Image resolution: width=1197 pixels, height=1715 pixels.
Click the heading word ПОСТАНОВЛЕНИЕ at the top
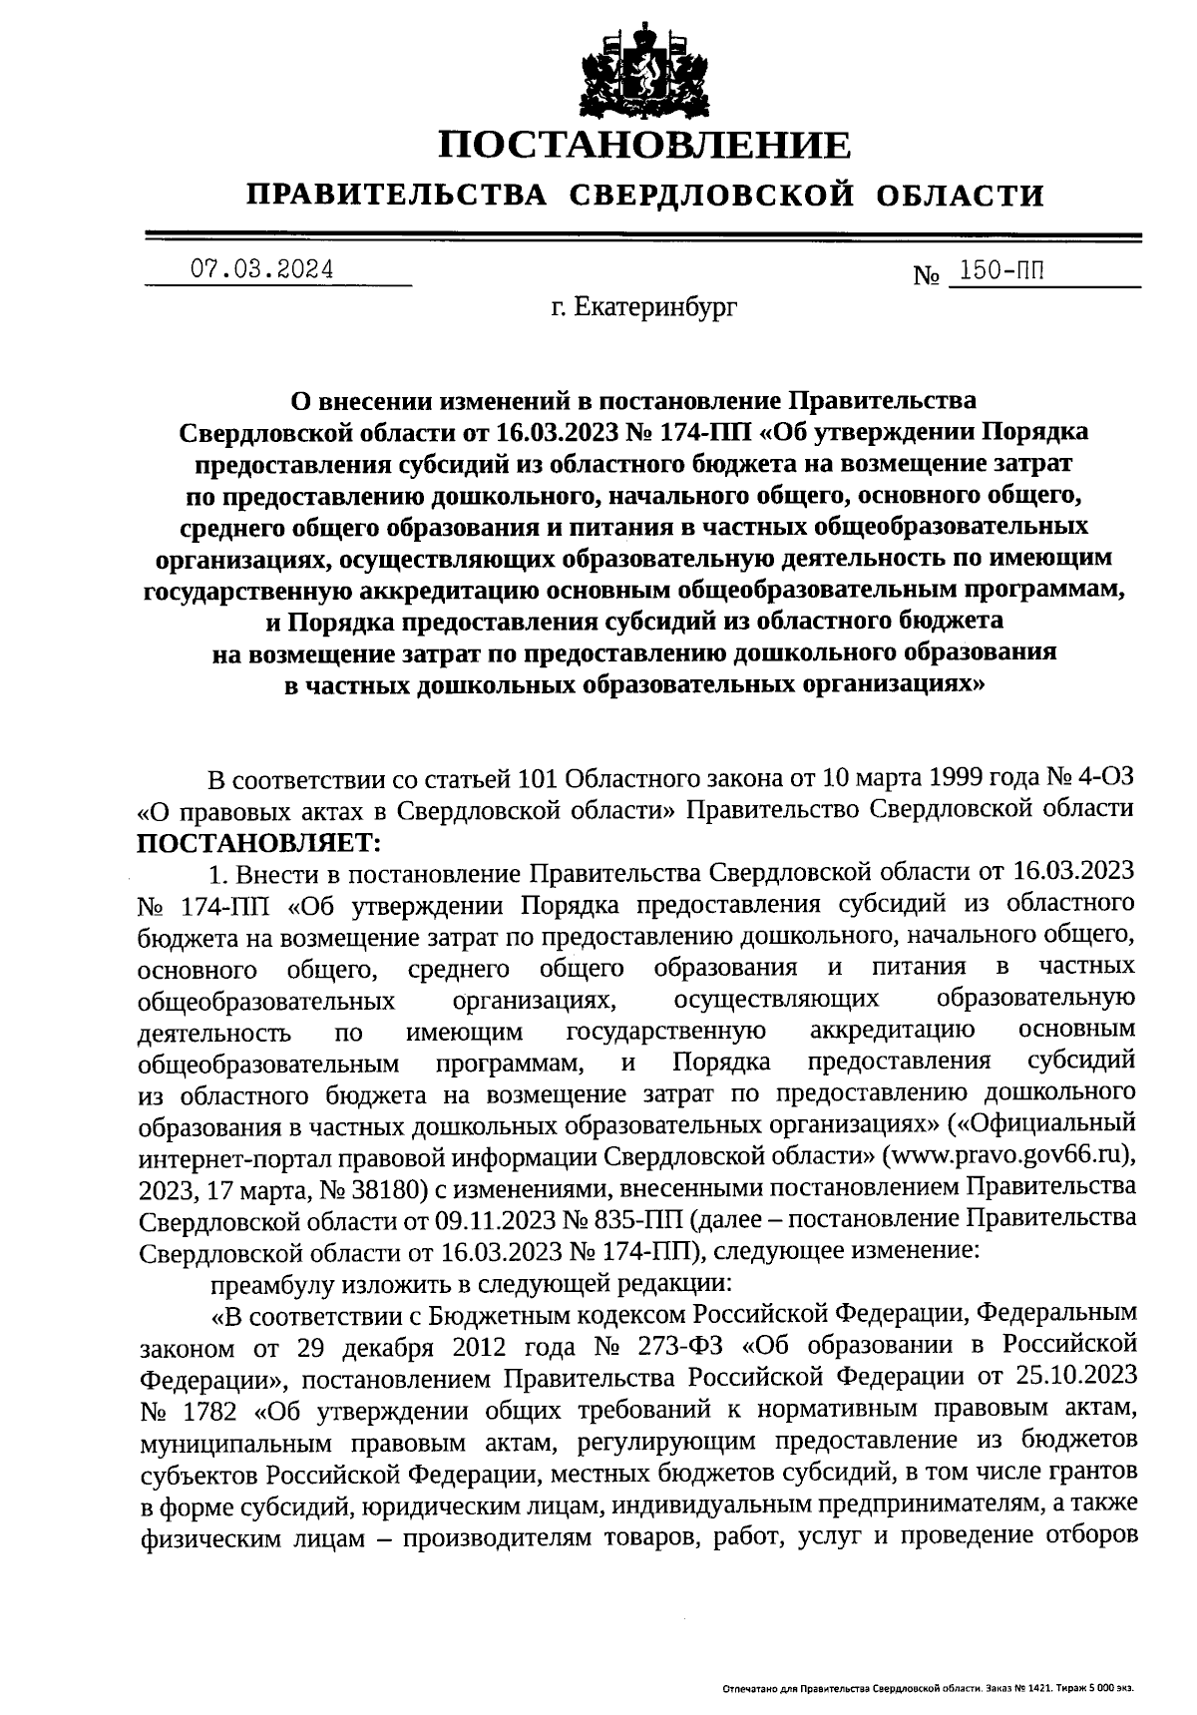(645, 146)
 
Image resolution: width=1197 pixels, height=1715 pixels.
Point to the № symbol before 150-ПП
(927, 273)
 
